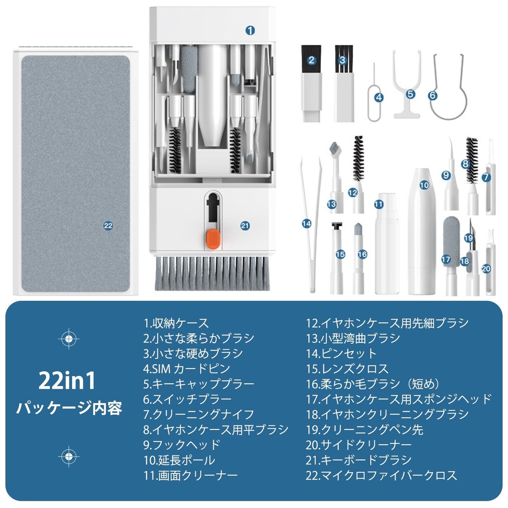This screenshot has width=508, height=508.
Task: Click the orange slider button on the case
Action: tap(213, 239)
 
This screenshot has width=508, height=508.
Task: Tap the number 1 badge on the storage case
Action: tap(250, 30)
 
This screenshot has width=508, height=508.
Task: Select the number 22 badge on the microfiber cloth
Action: tap(108, 226)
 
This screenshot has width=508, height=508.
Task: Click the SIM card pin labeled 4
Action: tap(374, 92)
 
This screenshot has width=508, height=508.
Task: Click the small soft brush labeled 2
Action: tap(312, 84)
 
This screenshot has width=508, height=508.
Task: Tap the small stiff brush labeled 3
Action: tap(344, 84)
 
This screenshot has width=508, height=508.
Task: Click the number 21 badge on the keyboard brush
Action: tap(245, 226)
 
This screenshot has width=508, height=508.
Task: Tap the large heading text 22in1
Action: tap(67, 381)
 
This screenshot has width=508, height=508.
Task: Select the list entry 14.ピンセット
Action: tap(341, 353)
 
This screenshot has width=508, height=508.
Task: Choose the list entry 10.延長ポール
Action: tap(179, 460)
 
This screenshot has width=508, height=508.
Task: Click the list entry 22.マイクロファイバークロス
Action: tap(381, 475)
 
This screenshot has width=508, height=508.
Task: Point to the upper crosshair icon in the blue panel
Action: tap(69, 339)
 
